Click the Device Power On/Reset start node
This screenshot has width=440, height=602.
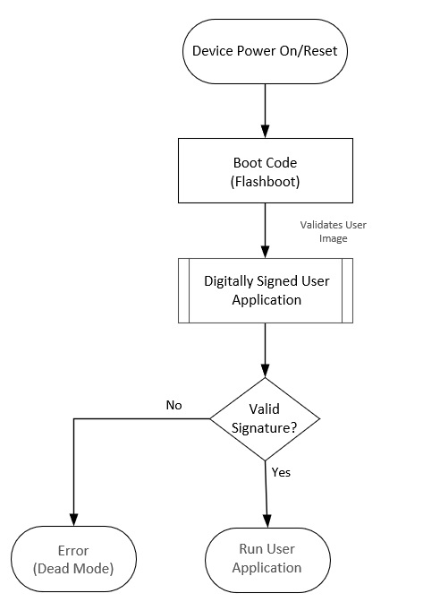pos(265,51)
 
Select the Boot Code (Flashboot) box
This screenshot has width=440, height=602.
pos(266,170)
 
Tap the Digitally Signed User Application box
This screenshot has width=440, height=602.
pos(266,290)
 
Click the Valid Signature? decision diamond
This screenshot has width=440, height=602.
pos(265,419)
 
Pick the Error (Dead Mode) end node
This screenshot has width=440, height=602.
pos(73,559)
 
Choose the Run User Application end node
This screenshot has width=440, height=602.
pos(267,560)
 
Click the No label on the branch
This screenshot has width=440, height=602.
pos(174,405)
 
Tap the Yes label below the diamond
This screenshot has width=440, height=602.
pos(281,472)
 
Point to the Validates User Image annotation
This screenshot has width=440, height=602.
pos(333,231)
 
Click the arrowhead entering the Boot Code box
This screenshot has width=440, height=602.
pos(266,132)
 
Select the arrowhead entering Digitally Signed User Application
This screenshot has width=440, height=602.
pos(266,252)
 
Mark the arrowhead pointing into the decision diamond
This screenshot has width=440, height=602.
pos(266,371)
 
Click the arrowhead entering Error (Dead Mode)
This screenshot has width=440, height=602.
pos(73,520)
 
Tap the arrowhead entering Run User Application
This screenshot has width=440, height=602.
pos(267,521)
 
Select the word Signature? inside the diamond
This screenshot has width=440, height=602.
pos(264,428)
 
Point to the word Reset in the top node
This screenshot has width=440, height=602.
pos(320,51)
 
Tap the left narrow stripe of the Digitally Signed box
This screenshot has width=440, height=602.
pos(183,290)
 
